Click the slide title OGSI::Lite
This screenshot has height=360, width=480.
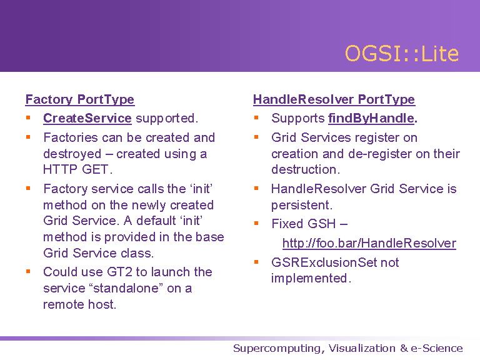(x=402, y=53)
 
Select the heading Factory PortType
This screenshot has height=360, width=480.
(x=80, y=99)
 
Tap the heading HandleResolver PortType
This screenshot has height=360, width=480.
(x=334, y=99)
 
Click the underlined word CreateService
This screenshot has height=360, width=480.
(x=87, y=118)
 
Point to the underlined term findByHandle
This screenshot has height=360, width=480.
(x=371, y=118)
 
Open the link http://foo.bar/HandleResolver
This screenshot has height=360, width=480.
(x=369, y=243)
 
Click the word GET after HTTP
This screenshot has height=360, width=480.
(x=95, y=169)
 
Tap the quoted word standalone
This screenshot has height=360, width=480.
(x=126, y=288)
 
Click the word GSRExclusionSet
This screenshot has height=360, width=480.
(x=324, y=262)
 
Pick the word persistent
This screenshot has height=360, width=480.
(x=301, y=205)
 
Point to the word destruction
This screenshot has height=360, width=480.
(x=306, y=169)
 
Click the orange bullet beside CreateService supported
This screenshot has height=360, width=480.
(x=28, y=118)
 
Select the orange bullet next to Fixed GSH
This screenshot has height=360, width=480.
(x=256, y=224)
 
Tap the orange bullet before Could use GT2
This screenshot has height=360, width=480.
(x=28, y=271)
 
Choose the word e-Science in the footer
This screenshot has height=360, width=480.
(x=437, y=348)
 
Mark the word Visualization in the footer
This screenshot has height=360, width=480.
(x=362, y=348)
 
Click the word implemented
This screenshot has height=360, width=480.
(x=311, y=278)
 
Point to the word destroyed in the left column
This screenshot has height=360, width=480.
(x=72, y=154)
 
